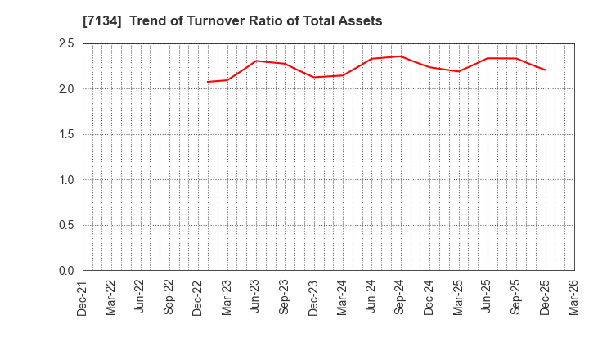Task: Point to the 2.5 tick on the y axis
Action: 65,44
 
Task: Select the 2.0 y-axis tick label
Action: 65,89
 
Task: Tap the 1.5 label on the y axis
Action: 65,135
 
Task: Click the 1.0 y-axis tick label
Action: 65,180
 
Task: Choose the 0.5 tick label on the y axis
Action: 65,226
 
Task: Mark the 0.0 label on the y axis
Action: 65,271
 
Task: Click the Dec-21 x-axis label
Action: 83,298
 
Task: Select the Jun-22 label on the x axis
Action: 140,298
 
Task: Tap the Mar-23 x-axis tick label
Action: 227,298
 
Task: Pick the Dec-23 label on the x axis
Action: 313,298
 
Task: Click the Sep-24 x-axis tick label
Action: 400,298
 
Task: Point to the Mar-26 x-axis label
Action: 573,298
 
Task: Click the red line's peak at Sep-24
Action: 400,56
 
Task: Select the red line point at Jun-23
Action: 255,61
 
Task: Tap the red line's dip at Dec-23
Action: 313,77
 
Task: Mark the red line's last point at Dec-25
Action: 545,70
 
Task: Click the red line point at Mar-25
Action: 458,71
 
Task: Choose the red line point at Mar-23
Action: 227,79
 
